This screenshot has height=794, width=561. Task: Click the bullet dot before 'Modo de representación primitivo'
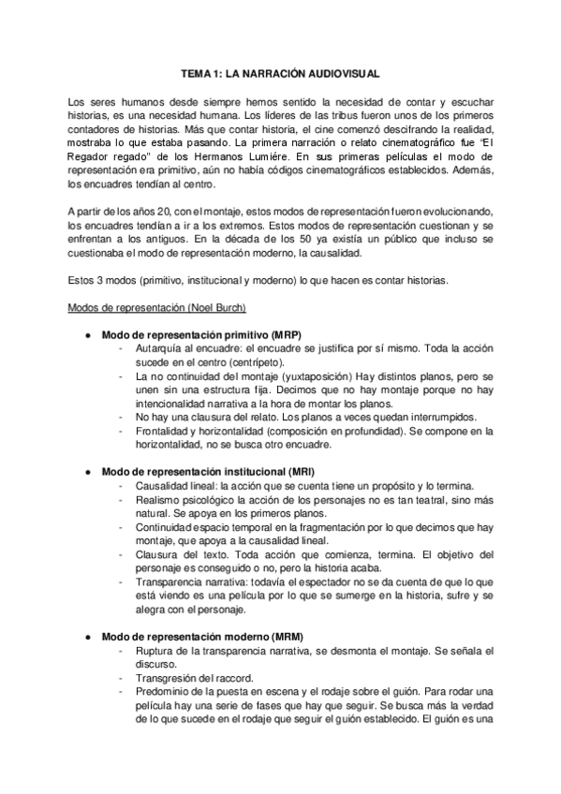click(x=86, y=335)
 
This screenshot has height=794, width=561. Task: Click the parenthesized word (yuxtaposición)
click(x=284, y=375)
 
